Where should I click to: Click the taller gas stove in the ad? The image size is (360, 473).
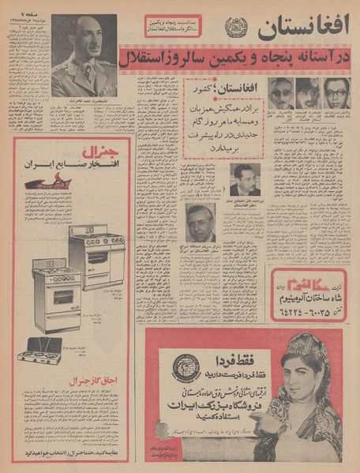click(96, 249)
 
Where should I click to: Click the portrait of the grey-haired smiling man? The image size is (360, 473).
click(201, 223)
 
